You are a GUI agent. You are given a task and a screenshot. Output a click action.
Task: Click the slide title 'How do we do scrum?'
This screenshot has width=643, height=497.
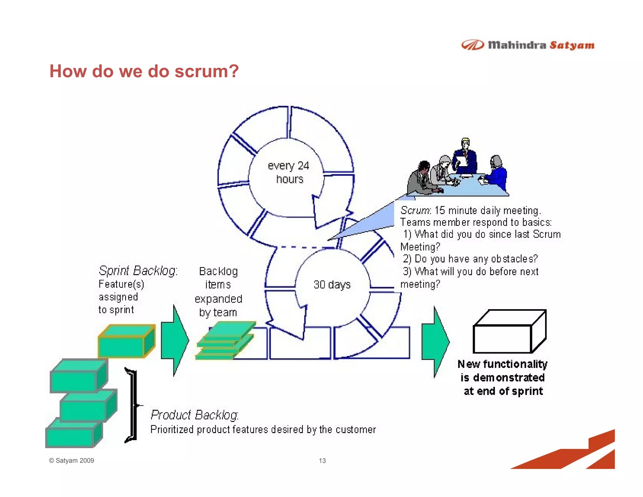click(x=144, y=71)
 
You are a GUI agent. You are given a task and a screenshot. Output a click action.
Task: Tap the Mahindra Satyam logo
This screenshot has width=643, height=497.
click(x=528, y=45)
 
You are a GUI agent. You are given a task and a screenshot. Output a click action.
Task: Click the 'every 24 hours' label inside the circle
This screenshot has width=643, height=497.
click(x=289, y=172)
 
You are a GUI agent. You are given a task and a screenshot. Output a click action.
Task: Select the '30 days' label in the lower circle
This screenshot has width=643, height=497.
click(x=332, y=285)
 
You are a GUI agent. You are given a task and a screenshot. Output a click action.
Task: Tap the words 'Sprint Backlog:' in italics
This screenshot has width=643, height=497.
click(x=138, y=271)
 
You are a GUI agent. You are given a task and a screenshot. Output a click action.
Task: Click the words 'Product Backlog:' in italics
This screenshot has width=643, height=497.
click(x=195, y=415)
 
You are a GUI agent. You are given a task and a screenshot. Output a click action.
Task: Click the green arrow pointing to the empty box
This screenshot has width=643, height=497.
click(x=435, y=342)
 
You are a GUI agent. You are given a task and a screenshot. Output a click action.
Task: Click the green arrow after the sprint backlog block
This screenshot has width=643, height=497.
click(x=175, y=341)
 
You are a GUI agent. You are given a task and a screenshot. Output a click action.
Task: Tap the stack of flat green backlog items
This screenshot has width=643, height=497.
click(x=225, y=341)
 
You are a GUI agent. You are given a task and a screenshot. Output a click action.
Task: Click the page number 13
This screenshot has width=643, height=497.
click(x=322, y=461)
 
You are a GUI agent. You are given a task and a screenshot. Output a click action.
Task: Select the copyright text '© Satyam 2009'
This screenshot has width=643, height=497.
click(x=72, y=461)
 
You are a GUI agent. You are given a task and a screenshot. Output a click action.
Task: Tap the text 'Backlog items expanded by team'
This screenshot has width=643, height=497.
click(x=218, y=292)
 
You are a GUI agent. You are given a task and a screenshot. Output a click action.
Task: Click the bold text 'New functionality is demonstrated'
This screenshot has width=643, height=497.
click(x=502, y=371)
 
